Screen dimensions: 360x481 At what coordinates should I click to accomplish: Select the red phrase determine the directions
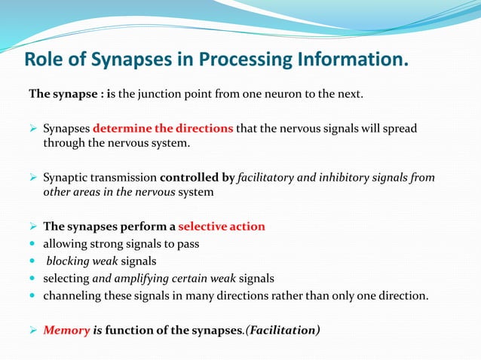click(163, 128)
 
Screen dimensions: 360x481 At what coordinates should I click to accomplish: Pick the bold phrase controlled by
click(198, 178)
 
